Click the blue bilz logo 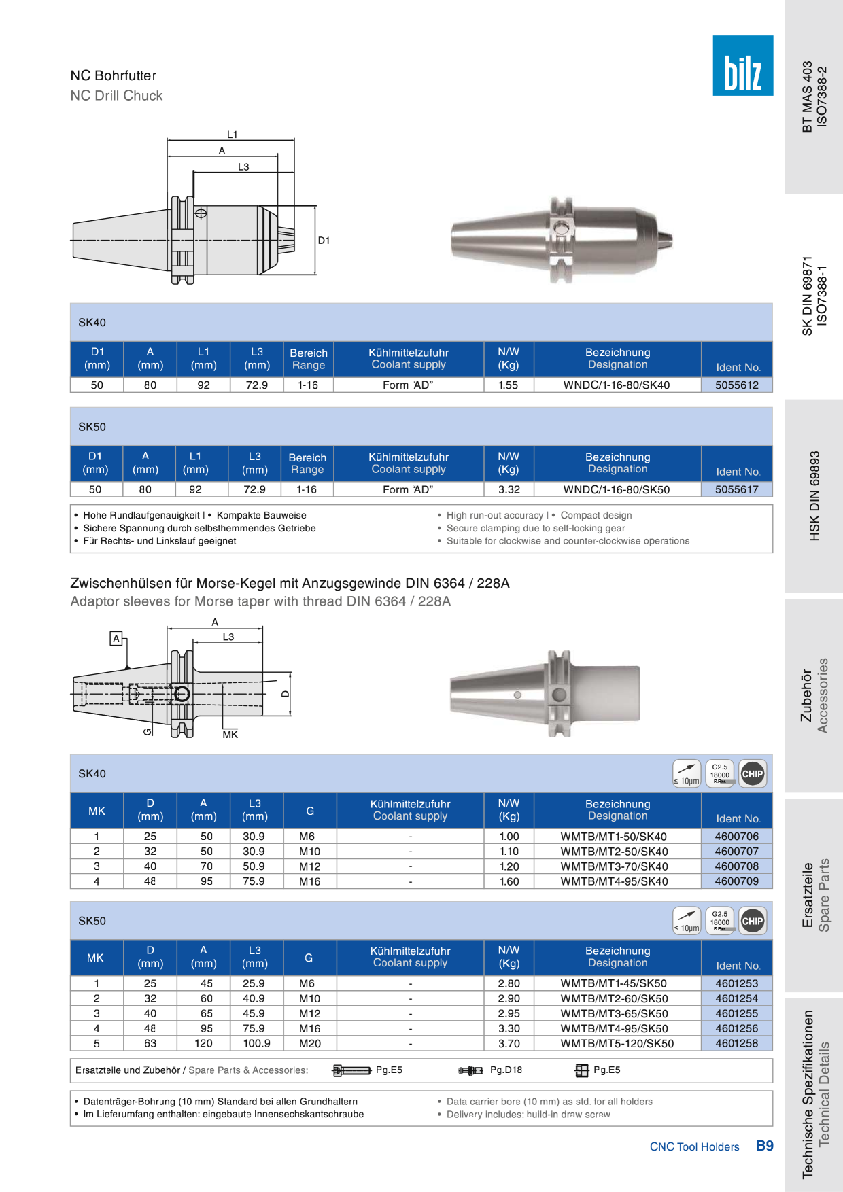[x=742, y=65]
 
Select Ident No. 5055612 [x=736, y=385]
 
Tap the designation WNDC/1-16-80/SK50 [x=616, y=489]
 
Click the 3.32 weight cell [x=509, y=489]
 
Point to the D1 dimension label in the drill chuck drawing [x=324, y=241]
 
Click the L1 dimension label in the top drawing [x=232, y=135]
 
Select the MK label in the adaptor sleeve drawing [x=230, y=735]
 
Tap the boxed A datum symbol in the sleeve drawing [x=116, y=638]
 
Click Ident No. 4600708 [x=736, y=866]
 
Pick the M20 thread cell [x=309, y=1043]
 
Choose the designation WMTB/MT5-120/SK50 [x=617, y=1043]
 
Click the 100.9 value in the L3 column [x=256, y=1043]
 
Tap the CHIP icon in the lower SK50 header [x=753, y=921]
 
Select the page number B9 [x=765, y=1146]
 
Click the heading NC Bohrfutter [x=114, y=75]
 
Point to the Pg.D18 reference [x=506, y=1070]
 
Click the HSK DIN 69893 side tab [x=814, y=496]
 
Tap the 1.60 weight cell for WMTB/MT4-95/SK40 [x=509, y=881]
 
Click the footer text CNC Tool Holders [x=694, y=1146]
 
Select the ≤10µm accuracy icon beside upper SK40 [x=686, y=773]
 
